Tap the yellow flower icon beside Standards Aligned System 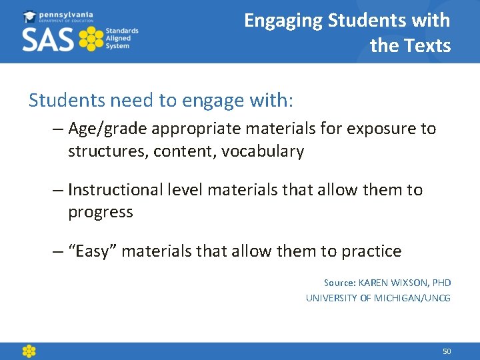coord(91,39)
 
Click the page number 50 coord(447,351)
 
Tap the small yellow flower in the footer coord(29,351)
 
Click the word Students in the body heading coord(66,100)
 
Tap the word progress coord(100,213)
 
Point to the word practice coord(371,251)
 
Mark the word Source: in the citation coord(339,283)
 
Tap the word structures coord(107,151)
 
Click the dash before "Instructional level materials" coord(57,190)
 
